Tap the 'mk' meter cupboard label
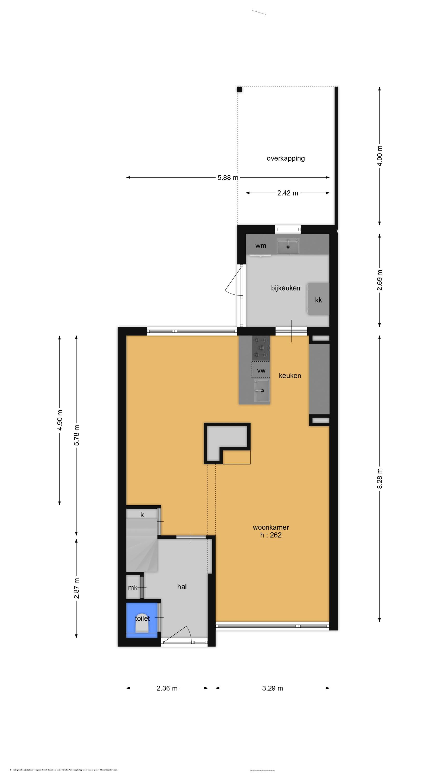133,588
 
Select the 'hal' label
182,587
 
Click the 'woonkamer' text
270,527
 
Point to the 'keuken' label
290,376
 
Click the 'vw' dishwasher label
261,370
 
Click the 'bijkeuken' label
285,288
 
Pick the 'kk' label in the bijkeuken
318,300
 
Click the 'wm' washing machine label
261,245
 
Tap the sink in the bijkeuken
288,246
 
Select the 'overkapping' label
285,158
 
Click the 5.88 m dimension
228,178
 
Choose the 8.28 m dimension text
380,478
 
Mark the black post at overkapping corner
239,90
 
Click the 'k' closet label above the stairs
142,514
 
